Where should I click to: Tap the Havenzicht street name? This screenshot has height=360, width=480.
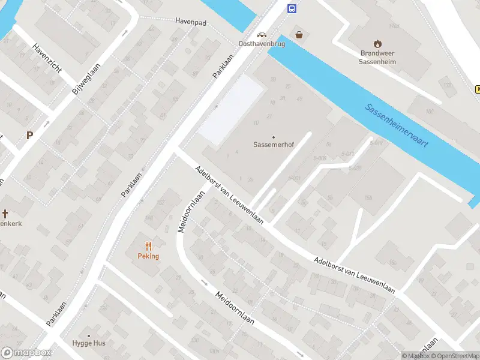click(47, 59)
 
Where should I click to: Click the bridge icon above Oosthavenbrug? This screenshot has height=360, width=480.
click(261, 34)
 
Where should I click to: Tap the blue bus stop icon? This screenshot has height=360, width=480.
click(292, 8)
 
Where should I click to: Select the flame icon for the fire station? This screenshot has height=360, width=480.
click(377, 43)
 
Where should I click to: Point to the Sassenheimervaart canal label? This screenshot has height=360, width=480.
click(397, 127)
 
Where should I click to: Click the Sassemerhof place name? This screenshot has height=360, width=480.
click(274, 145)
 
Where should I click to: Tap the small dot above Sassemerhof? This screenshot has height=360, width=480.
click(274, 137)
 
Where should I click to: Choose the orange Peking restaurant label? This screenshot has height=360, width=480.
click(148, 256)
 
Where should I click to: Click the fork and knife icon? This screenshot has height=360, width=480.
click(148, 246)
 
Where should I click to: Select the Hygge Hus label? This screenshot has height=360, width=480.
click(89, 343)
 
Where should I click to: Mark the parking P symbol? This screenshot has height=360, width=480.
click(29, 136)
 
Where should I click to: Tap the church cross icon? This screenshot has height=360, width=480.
click(5, 214)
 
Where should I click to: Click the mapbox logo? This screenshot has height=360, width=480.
click(26, 353)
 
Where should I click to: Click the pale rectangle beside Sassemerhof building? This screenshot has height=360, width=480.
click(232, 110)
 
